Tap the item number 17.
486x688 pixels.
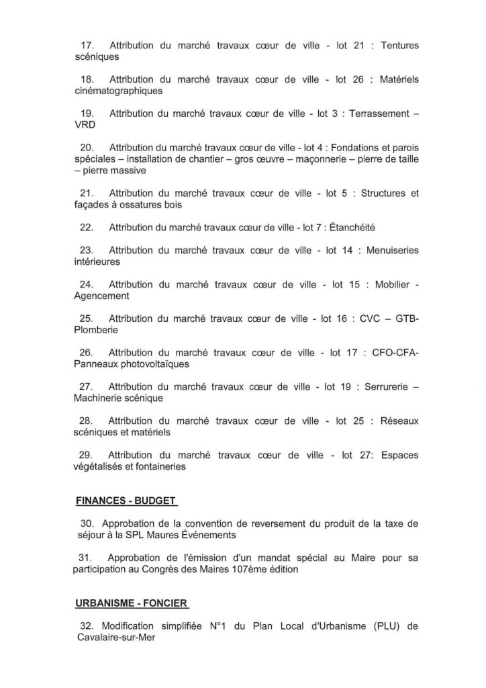[x=87, y=45]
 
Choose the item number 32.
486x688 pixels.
[x=87, y=626]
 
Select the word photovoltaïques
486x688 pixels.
[x=156, y=364]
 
